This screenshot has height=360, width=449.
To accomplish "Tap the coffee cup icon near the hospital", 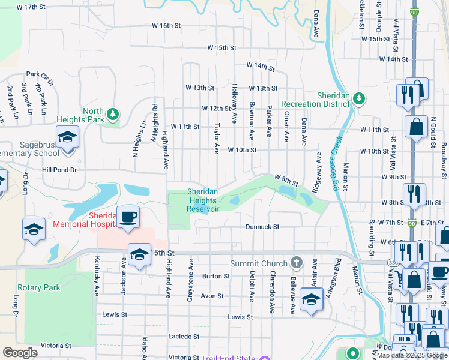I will [128, 217].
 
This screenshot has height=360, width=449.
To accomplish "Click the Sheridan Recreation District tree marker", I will [359, 98].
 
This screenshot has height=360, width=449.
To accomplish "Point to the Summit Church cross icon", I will [295, 263].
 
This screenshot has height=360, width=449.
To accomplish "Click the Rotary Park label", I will [39, 287].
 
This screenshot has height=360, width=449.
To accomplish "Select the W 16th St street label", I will [166, 26].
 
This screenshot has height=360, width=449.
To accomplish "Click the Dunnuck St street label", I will [263, 227].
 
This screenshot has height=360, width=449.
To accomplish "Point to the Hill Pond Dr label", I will [59, 170].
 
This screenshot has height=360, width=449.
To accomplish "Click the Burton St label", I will [216, 276].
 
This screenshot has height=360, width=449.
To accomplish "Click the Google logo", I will [20, 353].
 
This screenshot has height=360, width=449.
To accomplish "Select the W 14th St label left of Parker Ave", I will [259, 65].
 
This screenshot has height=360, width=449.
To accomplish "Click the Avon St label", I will [212, 296].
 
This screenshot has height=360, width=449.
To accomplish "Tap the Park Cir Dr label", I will [41, 76].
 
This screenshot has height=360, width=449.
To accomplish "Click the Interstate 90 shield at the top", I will [414, 11].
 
